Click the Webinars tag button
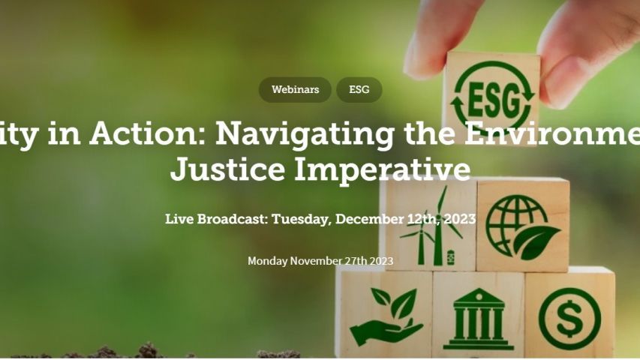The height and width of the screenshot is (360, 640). (x=295, y=90)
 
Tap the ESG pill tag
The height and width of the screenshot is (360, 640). (x=359, y=90)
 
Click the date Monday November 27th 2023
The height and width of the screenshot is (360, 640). (x=320, y=261)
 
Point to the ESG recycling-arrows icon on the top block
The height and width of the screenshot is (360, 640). (x=491, y=95)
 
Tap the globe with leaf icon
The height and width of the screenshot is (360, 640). (x=522, y=225)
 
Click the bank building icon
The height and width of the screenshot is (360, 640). (x=478, y=319)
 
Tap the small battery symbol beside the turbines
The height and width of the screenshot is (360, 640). (x=450, y=257)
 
